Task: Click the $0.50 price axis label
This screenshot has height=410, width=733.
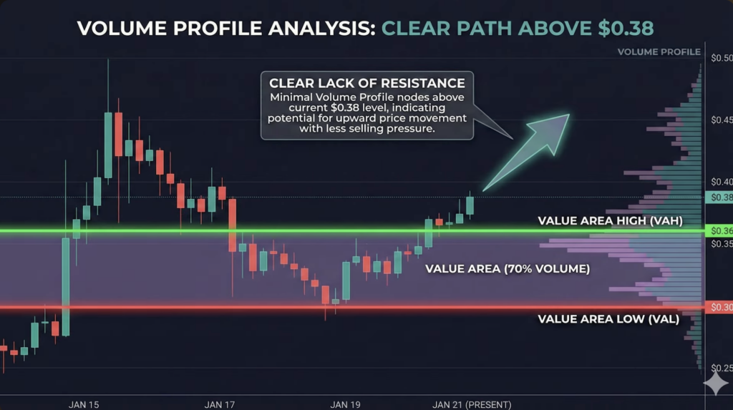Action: [x=722, y=58]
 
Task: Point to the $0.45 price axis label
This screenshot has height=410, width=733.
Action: [x=722, y=120]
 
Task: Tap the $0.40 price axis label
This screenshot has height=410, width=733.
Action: [x=722, y=182]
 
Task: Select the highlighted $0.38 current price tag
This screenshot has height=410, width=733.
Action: [x=719, y=197]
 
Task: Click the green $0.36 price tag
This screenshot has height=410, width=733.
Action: [x=719, y=230]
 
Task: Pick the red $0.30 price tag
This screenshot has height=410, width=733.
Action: [x=719, y=307]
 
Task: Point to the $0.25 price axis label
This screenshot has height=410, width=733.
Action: [x=722, y=368]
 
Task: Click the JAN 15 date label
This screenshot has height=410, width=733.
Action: [x=84, y=404]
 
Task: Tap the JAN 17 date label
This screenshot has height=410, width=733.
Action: [x=220, y=404]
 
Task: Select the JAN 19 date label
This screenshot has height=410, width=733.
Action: [x=346, y=404]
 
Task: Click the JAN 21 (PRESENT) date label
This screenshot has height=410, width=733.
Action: [x=472, y=404]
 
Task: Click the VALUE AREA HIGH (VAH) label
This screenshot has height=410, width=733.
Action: [x=610, y=220]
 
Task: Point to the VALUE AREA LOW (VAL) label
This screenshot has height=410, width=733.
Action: [x=608, y=319]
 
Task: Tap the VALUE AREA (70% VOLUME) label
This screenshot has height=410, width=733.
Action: [x=508, y=269]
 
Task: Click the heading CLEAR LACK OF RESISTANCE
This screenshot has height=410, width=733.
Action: [x=367, y=83]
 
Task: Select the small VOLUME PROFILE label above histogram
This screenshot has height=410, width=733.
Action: [x=659, y=52]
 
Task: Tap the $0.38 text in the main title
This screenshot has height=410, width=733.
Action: [x=626, y=28]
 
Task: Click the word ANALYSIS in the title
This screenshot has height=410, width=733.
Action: [x=322, y=29]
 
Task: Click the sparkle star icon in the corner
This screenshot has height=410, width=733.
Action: [x=716, y=384]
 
